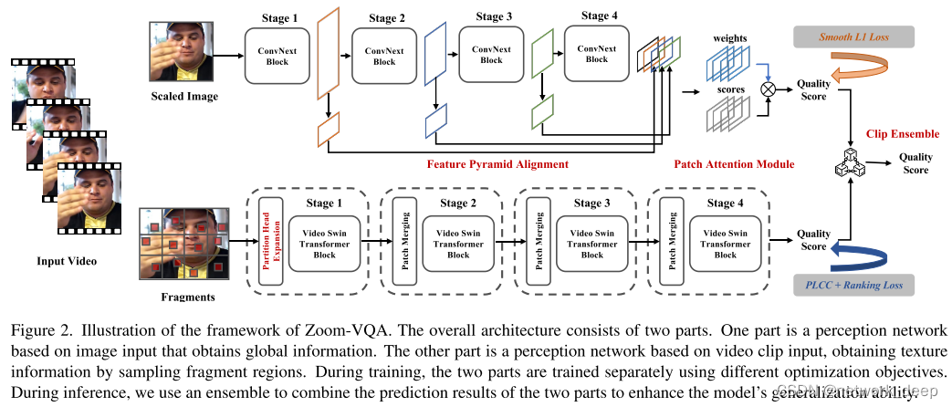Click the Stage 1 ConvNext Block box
[278, 55]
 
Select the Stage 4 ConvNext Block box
[597, 53]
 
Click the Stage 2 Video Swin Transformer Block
[459, 245]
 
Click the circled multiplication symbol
[768, 89]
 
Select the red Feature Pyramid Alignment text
[497, 164]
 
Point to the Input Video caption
[67, 262]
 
